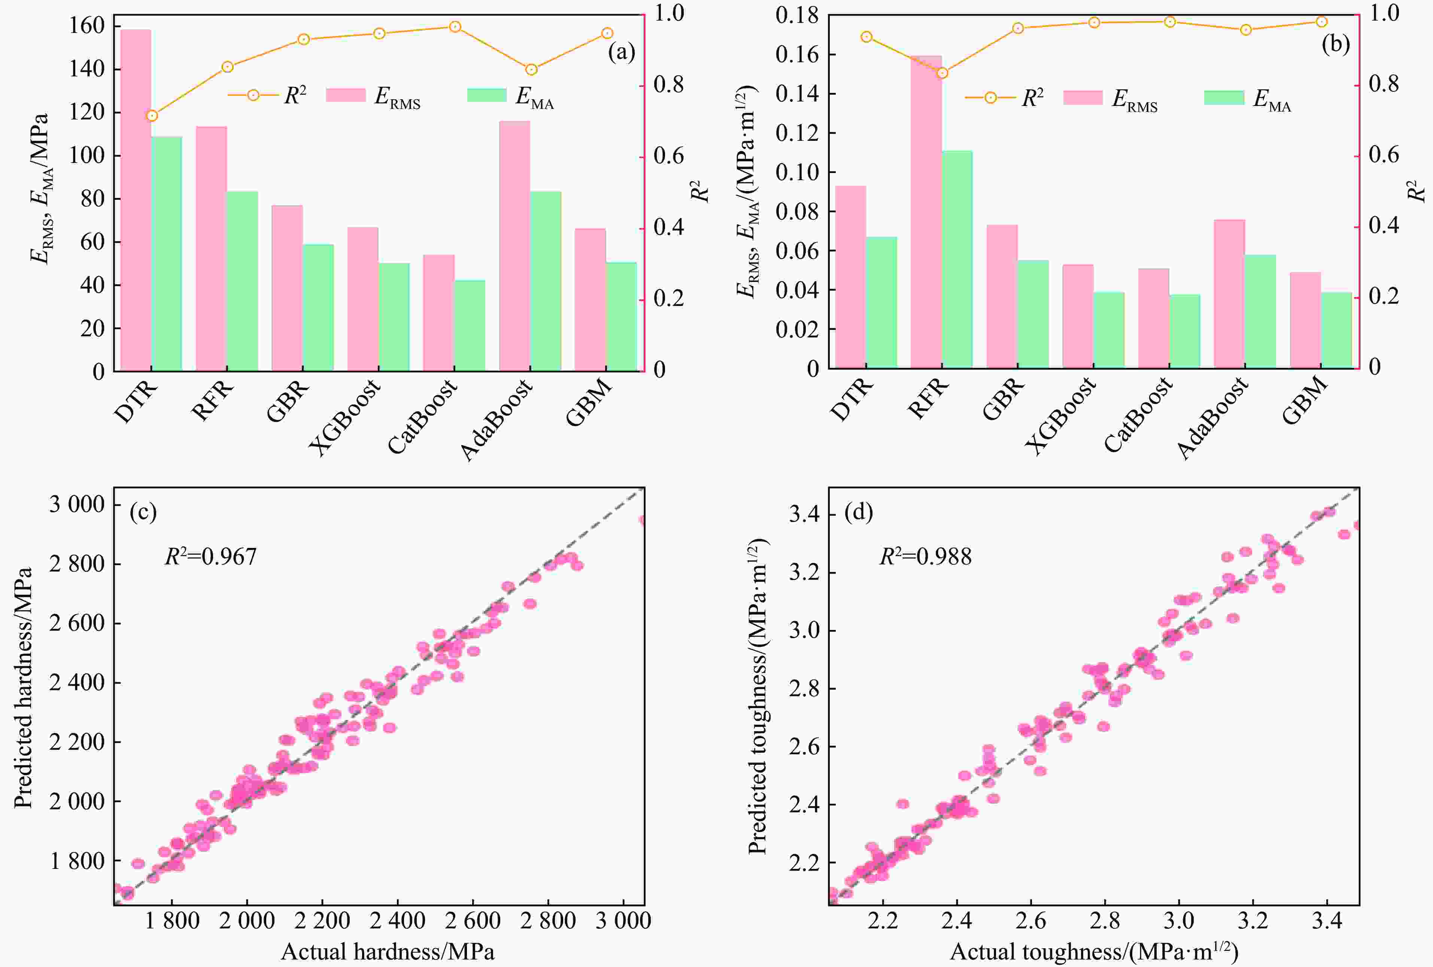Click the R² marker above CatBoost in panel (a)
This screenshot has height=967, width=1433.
(455, 27)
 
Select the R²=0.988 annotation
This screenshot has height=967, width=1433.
(925, 557)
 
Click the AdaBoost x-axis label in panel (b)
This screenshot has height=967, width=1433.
(1212, 419)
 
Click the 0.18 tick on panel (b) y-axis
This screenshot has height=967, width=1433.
(797, 15)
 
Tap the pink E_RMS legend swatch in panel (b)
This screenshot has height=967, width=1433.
(1083, 97)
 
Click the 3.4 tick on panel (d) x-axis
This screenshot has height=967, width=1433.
(1327, 921)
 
